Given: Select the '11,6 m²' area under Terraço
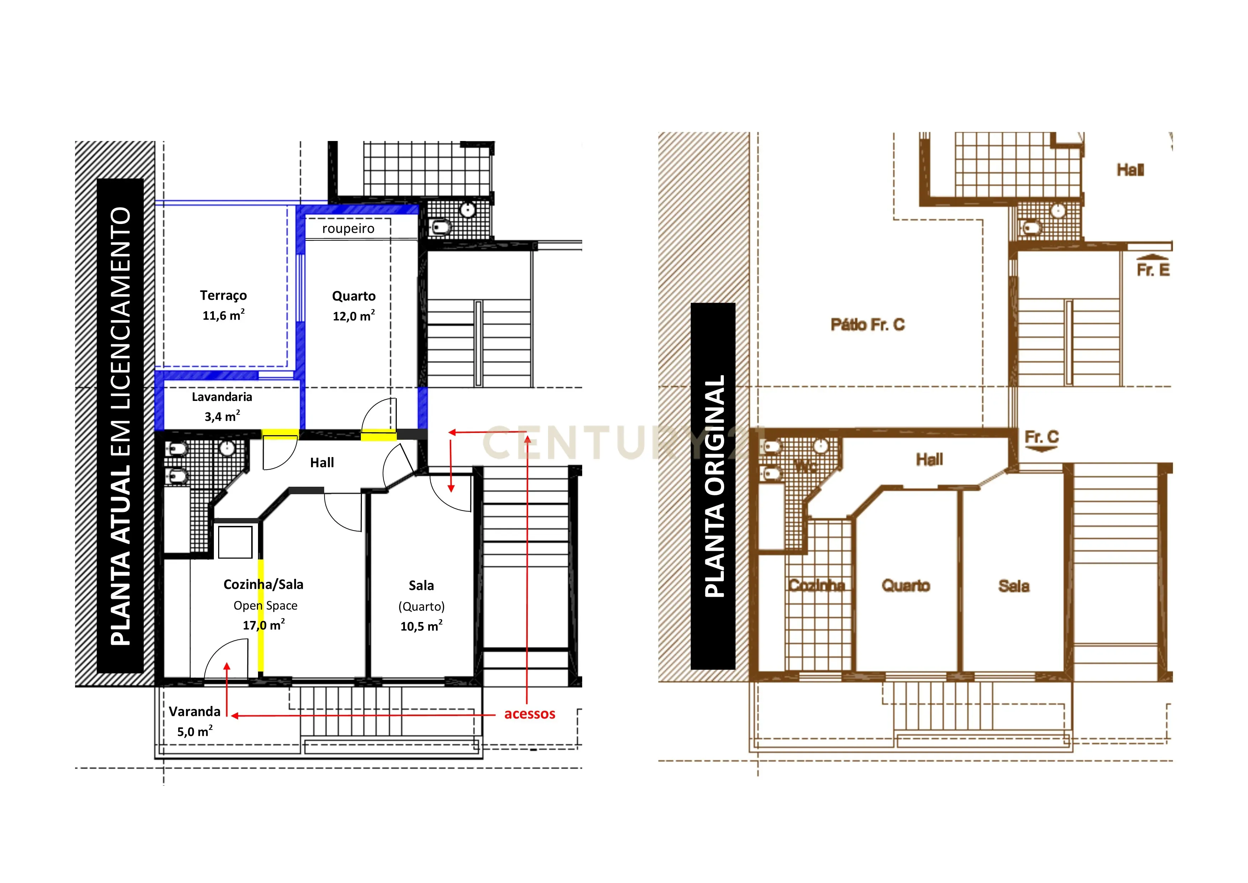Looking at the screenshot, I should [x=223, y=315].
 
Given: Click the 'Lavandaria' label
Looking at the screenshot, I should [x=222, y=397].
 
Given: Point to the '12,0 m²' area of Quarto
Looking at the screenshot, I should [x=353, y=316].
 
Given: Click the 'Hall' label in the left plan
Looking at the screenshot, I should [x=322, y=463].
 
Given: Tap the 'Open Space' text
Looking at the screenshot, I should [x=265, y=606].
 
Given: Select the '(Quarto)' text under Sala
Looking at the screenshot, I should [x=421, y=607].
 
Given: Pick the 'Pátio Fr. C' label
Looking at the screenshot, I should [x=868, y=325].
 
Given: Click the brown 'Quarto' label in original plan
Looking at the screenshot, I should [x=906, y=586].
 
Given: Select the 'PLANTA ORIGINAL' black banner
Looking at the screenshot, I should [x=713, y=486].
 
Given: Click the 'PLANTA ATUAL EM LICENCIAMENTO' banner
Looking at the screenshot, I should [x=120, y=426].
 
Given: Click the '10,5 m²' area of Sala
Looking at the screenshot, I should [x=421, y=626].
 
